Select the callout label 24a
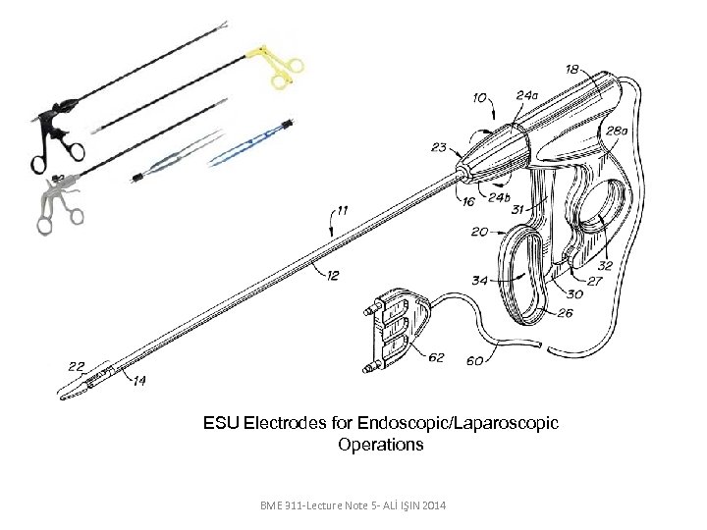526,95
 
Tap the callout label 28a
617,131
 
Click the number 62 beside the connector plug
436,357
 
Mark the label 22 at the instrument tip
77,366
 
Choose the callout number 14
138,381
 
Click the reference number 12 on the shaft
333,276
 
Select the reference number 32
605,265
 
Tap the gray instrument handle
53,203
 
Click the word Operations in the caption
381,445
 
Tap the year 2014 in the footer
431,503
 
